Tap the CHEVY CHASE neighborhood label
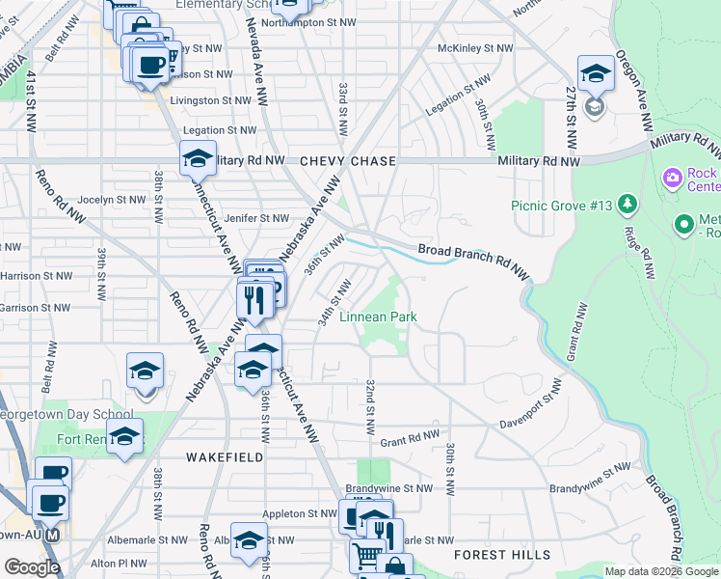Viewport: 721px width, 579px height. pyautogui.click(x=347, y=161)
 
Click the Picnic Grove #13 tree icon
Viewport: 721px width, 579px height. pyautogui.click(x=628, y=204)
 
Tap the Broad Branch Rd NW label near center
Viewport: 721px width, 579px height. pyautogui.click(x=474, y=259)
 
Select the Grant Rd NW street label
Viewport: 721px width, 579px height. pyautogui.click(x=411, y=442)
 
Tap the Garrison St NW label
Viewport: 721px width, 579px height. pyautogui.click(x=35, y=308)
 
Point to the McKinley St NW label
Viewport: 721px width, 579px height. pyautogui.click(x=474, y=47)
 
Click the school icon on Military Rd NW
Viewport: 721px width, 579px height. pyautogui.click(x=198, y=158)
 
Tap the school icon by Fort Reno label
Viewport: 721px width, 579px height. pyautogui.click(x=124, y=436)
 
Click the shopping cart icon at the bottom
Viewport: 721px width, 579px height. pyautogui.click(x=366, y=556)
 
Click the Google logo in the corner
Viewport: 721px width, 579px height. pyautogui.click(x=32, y=567)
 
